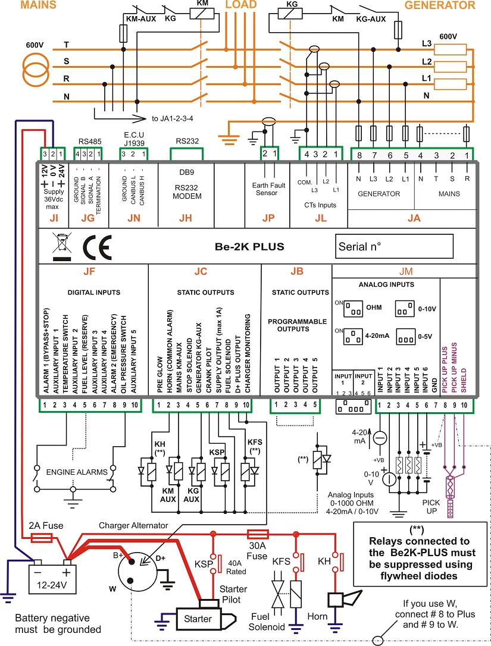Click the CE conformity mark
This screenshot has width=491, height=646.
tap(97, 247)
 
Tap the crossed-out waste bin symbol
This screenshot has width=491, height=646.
tap(62, 247)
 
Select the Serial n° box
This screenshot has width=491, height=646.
tap(394, 246)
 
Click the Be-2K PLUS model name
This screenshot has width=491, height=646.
tap(249, 247)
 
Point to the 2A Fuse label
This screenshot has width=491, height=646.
tap(46, 526)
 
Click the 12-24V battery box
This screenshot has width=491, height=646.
tap(52, 579)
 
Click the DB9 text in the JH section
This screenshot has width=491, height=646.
tap(186, 173)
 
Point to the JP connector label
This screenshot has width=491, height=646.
tap(268, 218)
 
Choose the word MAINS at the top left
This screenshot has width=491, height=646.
tap(38, 5)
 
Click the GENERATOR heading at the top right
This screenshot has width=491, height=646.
tap(440, 5)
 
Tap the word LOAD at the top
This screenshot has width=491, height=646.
tap(241, 5)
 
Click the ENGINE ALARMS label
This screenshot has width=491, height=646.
tap(77, 472)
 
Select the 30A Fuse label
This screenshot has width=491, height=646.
tap(257, 551)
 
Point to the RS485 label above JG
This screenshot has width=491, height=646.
tap(90, 142)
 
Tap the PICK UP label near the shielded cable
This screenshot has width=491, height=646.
tap(431, 507)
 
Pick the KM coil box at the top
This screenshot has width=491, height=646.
tap(202, 14)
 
